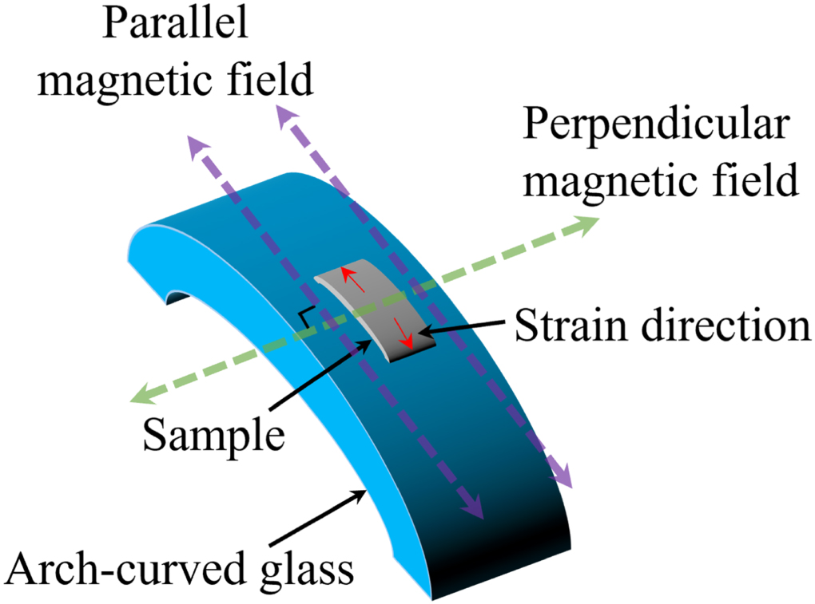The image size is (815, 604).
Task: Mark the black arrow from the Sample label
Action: pos(320,383)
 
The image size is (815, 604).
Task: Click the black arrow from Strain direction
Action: pos(463,326)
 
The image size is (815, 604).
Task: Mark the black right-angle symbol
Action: pos(306,316)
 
